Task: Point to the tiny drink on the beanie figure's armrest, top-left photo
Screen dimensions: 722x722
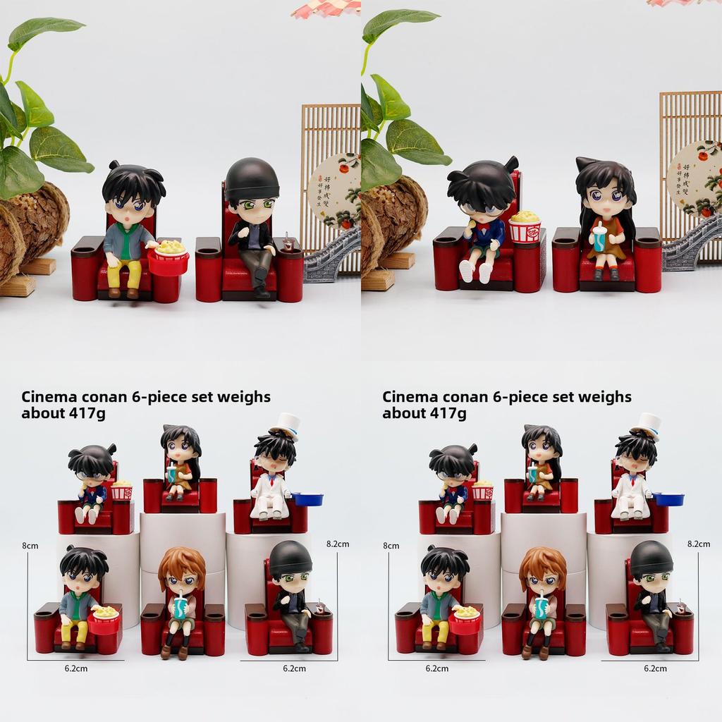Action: (x=288, y=244)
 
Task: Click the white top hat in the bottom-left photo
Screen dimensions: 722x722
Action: (x=286, y=425)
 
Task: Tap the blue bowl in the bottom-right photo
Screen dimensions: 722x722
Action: (x=668, y=499)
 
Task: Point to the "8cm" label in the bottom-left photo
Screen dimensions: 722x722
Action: (x=30, y=545)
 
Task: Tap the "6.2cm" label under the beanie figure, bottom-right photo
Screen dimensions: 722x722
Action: (x=655, y=668)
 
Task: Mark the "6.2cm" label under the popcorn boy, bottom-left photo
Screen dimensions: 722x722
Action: (x=75, y=668)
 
